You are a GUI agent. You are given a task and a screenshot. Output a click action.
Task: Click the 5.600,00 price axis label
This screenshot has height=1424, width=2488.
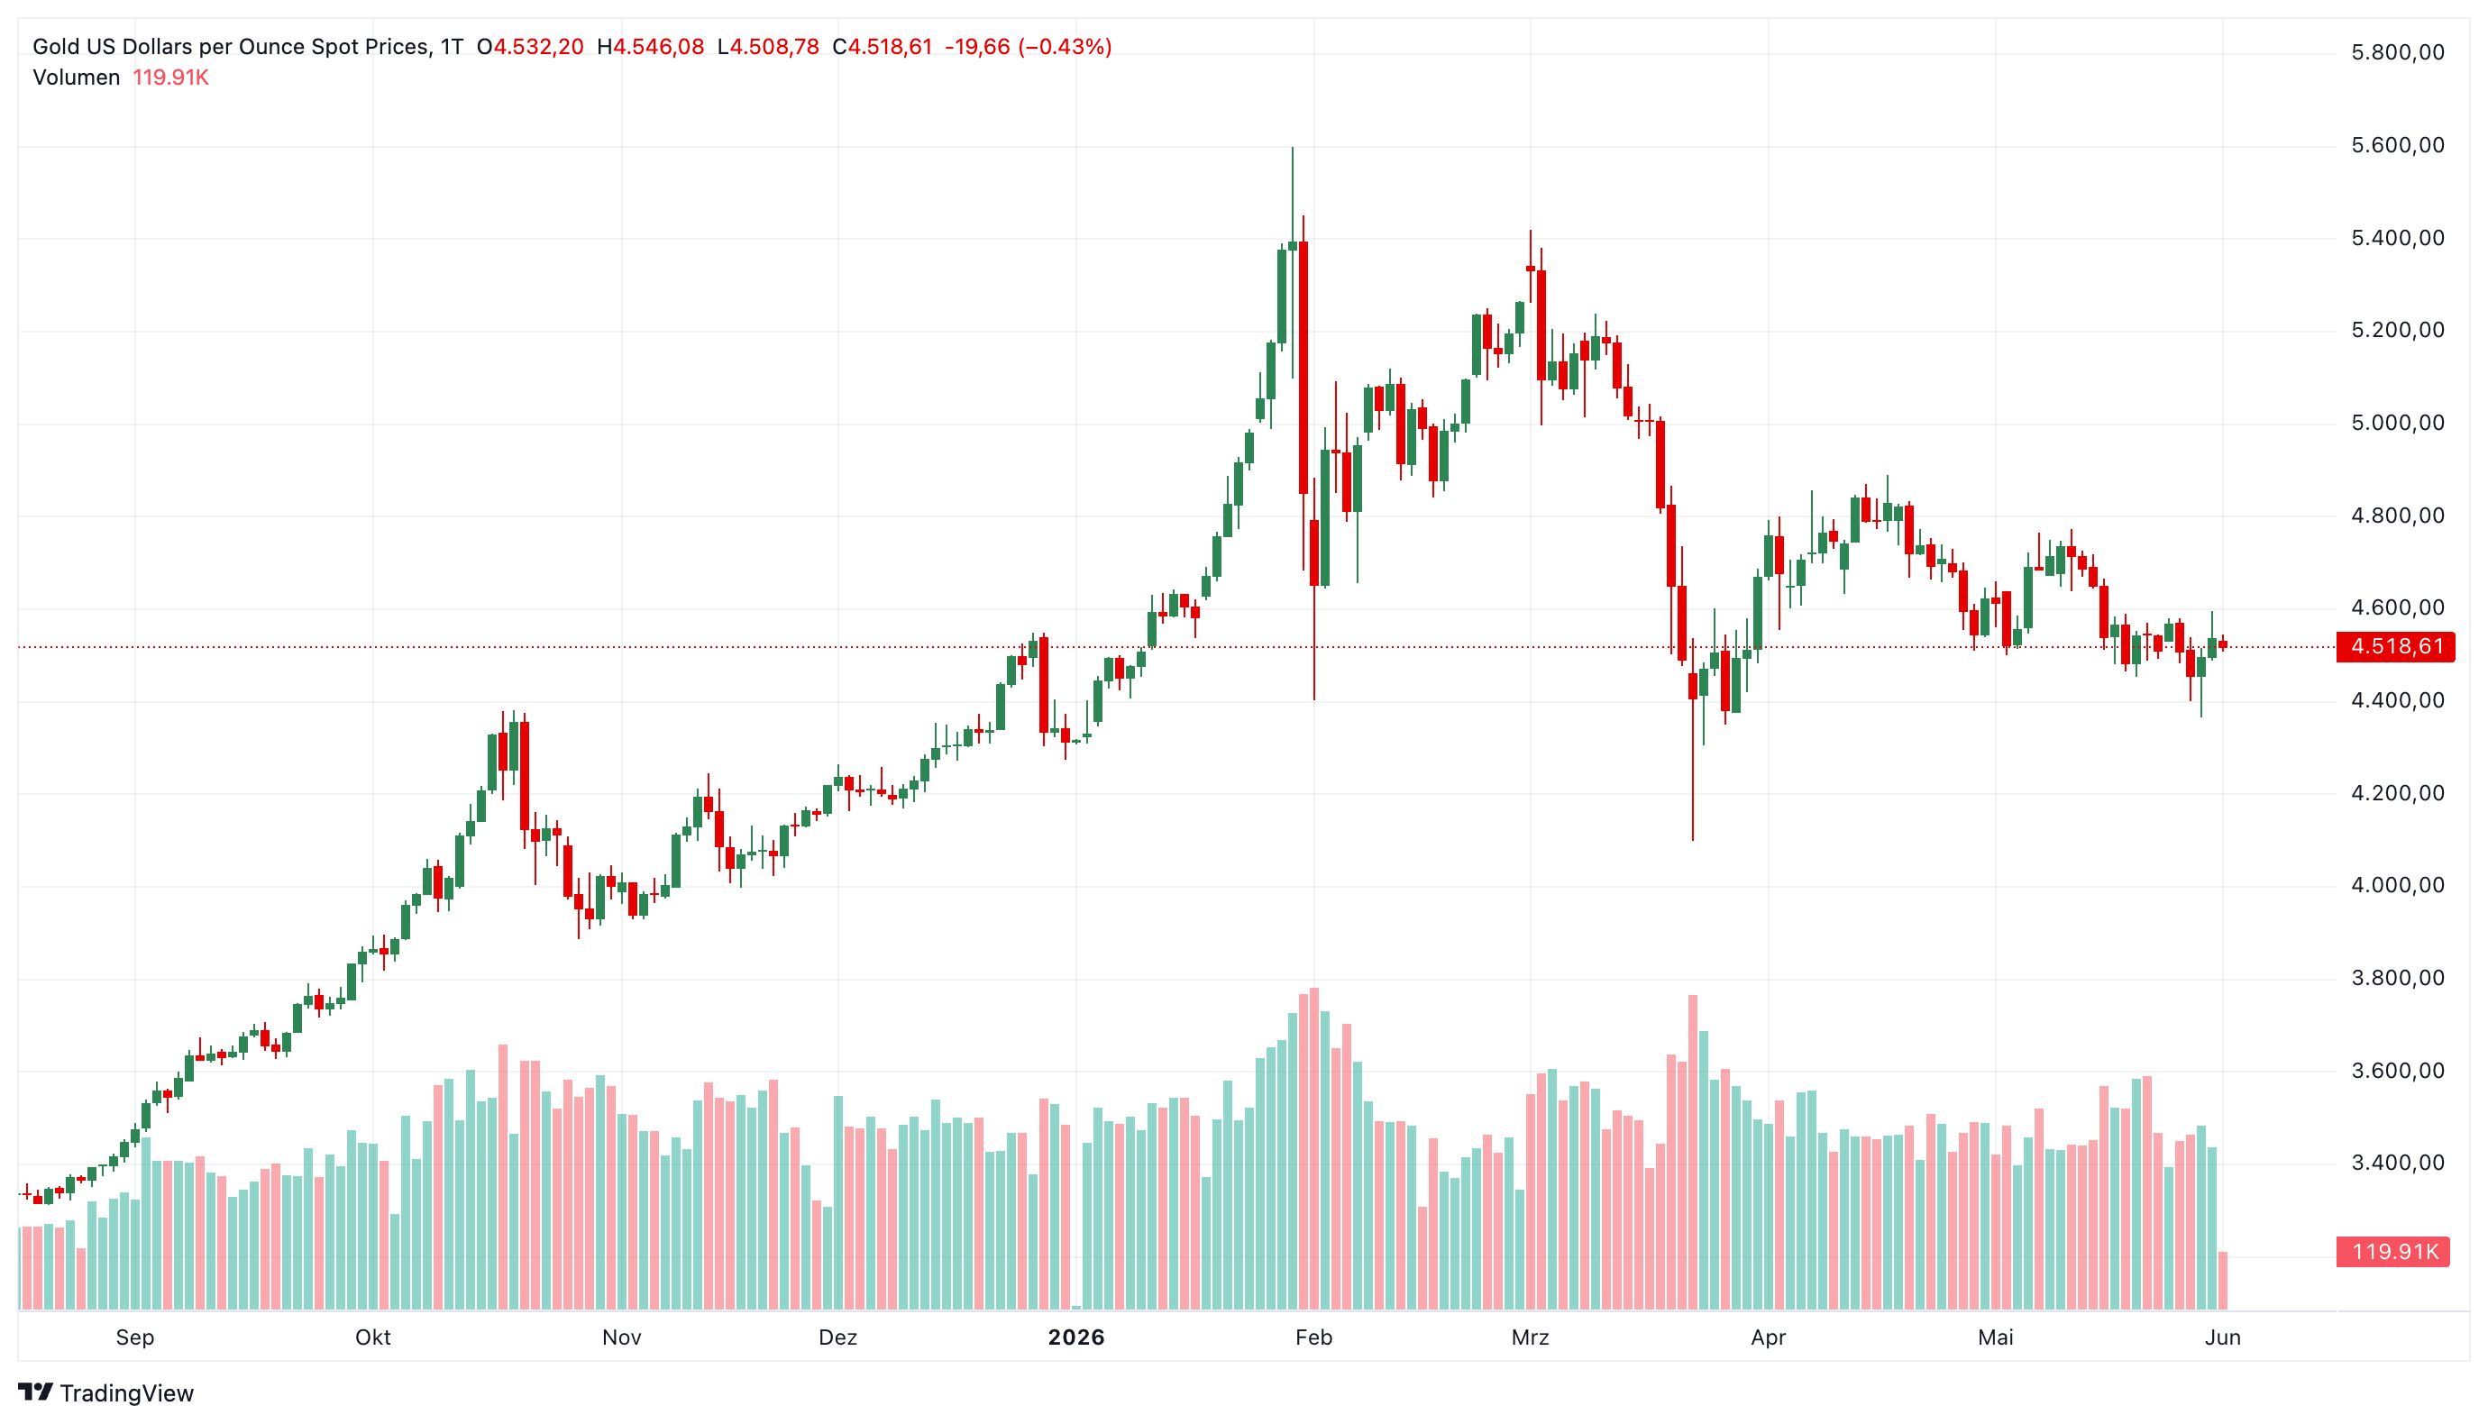click(x=2397, y=146)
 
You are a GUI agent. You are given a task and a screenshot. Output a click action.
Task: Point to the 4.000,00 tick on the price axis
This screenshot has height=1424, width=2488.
click(x=2397, y=885)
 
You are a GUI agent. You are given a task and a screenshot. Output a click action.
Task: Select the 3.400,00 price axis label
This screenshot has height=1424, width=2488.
click(x=2397, y=1163)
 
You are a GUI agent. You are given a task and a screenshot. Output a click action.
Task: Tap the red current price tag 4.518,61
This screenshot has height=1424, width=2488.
click(x=2395, y=646)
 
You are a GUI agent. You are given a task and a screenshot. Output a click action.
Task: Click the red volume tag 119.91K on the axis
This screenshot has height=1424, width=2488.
click(x=2393, y=1251)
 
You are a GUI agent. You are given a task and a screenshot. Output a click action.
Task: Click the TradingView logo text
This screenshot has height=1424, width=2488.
click(x=127, y=1392)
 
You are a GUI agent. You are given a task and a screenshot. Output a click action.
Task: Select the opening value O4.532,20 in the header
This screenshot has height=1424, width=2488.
click(x=530, y=47)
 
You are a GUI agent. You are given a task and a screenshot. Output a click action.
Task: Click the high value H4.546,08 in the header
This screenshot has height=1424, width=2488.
click(x=650, y=47)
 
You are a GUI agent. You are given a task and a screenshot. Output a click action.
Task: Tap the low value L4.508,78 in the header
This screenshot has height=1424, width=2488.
click(x=768, y=47)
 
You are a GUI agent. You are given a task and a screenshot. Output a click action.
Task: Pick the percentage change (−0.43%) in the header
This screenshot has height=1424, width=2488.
click(x=1065, y=47)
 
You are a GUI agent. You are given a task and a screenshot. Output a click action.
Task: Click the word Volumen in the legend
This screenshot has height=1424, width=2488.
click(x=77, y=78)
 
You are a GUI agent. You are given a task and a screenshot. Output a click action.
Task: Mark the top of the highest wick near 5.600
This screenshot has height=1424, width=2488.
click(x=1292, y=148)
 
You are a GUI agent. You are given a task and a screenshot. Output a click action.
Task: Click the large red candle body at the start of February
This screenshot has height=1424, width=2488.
click(x=1303, y=367)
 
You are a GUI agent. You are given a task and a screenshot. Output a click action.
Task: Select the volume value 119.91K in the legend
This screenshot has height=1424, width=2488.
click(x=171, y=78)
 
